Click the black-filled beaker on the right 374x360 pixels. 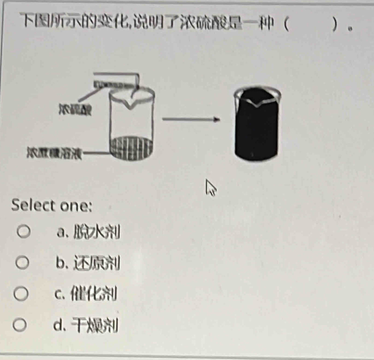pyautogui.click(x=257, y=125)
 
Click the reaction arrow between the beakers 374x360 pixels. pyautogui.click(x=190, y=120)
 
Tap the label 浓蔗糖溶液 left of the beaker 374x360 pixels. pyautogui.click(x=54, y=152)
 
